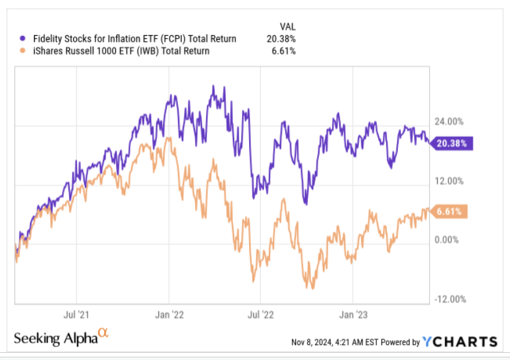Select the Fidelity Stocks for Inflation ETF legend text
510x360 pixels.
(134, 39)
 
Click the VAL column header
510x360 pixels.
(287, 26)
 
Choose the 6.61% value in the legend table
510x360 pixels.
(285, 52)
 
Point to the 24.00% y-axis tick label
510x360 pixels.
(449, 121)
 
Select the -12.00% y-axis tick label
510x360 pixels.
(447, 299)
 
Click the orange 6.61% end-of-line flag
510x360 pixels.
(451, 212)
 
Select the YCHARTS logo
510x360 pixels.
(460, 341)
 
